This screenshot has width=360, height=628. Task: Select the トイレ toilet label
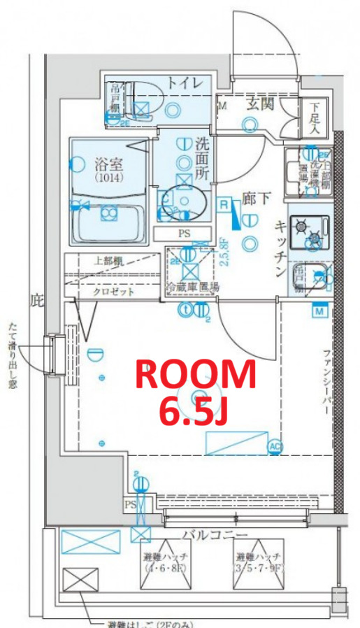(x=185, y=83)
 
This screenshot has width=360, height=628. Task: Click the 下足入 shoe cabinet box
(x=315, y=117)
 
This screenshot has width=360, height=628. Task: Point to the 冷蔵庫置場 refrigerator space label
(x=192, y=287)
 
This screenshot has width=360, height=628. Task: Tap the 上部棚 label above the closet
(x=108, y=262)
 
